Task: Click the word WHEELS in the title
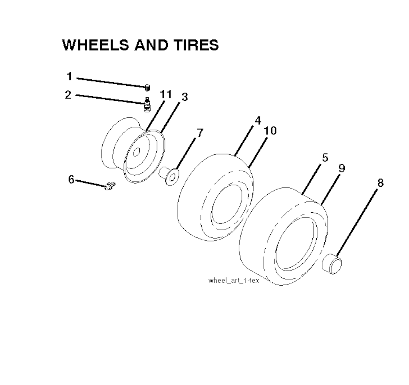96,45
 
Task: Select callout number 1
69,77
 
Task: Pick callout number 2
68,95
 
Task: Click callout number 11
166,94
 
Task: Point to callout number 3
185,97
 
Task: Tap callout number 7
200,133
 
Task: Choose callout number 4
258,120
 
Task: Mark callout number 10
270,130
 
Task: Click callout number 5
325,158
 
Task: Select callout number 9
342,168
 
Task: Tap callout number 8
381,183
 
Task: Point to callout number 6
71,179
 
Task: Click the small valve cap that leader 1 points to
147,88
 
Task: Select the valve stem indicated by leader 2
147,104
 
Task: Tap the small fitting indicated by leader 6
110,186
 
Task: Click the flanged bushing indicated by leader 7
169,176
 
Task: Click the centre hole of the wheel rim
136,152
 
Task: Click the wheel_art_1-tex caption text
234,280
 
